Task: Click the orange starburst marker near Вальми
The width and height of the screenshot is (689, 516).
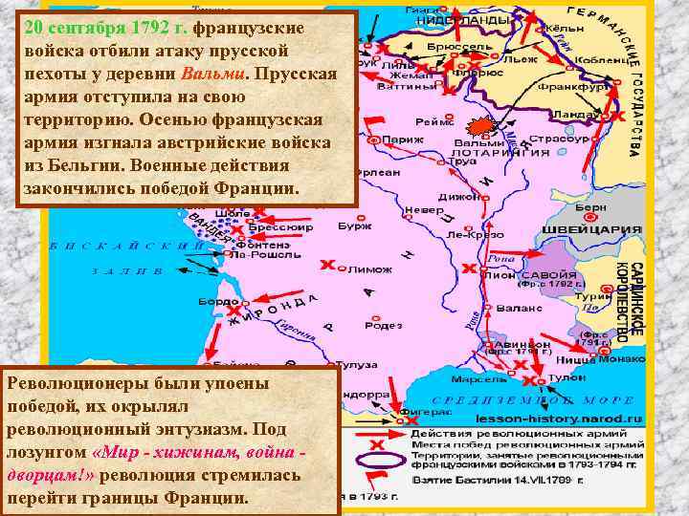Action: pyautogui.click(x=482, y=128)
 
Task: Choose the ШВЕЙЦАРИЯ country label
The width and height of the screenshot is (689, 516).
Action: pyautogui.click(x=605, y=230)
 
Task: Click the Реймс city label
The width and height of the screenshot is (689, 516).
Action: pyautogui.click(x=431, y=121)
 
